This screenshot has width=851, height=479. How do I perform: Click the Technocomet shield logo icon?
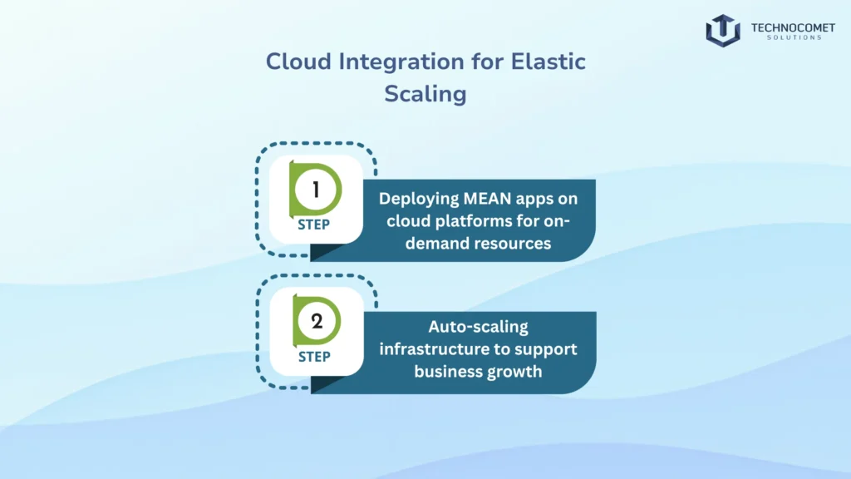pyautogui.click(x=722, y=30)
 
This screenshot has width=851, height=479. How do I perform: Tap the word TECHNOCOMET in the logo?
pyautogui.click(x=786, y=27)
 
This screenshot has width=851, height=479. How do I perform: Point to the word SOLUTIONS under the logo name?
pyautogui.click(x=786, y=37)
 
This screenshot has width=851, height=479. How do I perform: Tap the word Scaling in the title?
pyautogui.click(x=425, y=93)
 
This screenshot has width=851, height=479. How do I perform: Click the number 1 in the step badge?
pyautogui.click(x=316, y=190)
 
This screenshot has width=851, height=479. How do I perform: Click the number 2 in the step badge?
pyautogui.click(x=316, y=322)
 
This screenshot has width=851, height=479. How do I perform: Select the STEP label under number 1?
pyautogui.click(x=314, y=224)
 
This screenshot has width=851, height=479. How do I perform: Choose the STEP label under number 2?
pyautogui.click(x=314, y=356)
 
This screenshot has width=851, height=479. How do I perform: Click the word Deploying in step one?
pyautogui.click(x=418, y=199)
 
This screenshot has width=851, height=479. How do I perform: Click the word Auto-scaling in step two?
pyautogui.click(x=477, y=327)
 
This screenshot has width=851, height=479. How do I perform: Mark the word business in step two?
pyautogui.click(x=447, y=371)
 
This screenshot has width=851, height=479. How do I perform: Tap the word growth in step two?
pyautogui.click(x=514, y=371)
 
